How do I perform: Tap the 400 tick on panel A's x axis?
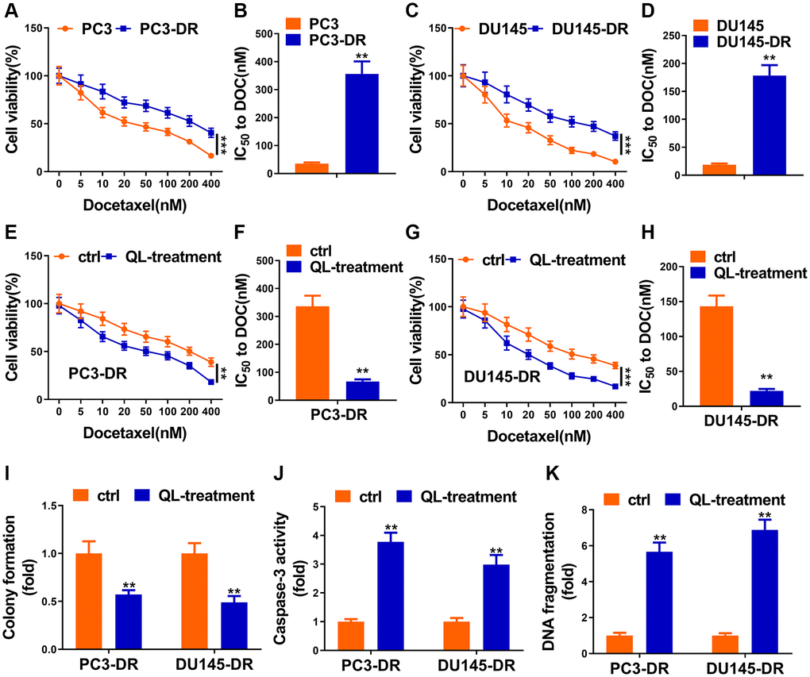(211, 184)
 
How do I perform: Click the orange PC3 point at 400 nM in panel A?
(211, 156)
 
